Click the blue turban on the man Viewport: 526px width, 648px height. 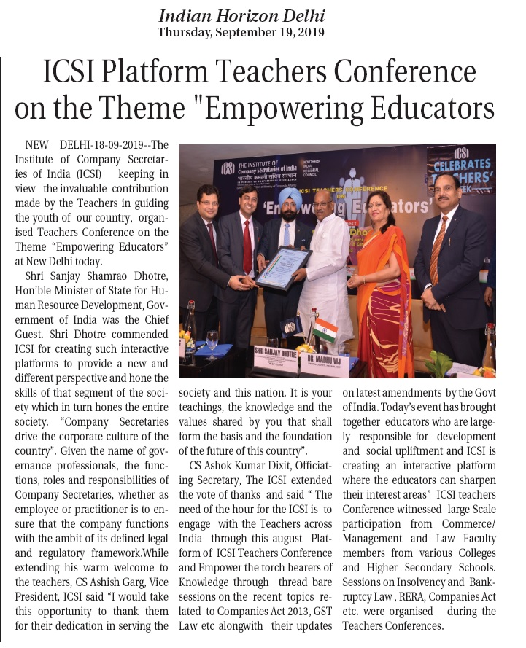290,196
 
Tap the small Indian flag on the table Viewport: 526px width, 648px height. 325,330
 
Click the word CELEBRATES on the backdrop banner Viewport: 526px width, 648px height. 462,165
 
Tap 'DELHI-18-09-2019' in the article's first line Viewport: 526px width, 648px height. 90,144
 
